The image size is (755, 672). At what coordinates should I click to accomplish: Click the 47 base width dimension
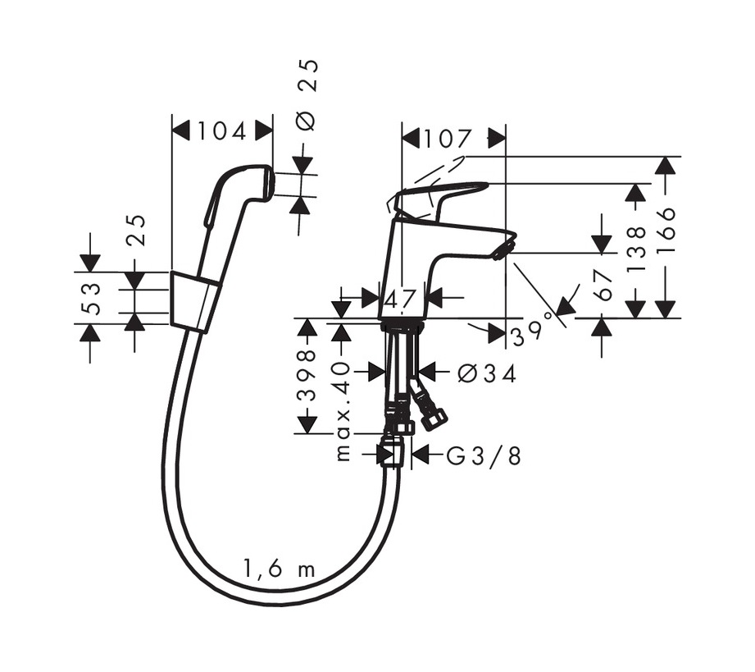pyautogui.click(x=402, y=299)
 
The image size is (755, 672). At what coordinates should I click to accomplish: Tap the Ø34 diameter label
pyautogui.click(x=488, y=374)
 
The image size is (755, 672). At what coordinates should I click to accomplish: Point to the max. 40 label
pyautogui.click(x=343, y=410)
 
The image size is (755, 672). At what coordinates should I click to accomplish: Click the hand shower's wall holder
pyautogui.click(x=194, y=302)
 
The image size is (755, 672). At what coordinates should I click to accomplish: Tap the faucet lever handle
pyautogui.click(x=443, y=195)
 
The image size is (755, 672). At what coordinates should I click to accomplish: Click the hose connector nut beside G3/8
pyautogui.click(x=392, y=453)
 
